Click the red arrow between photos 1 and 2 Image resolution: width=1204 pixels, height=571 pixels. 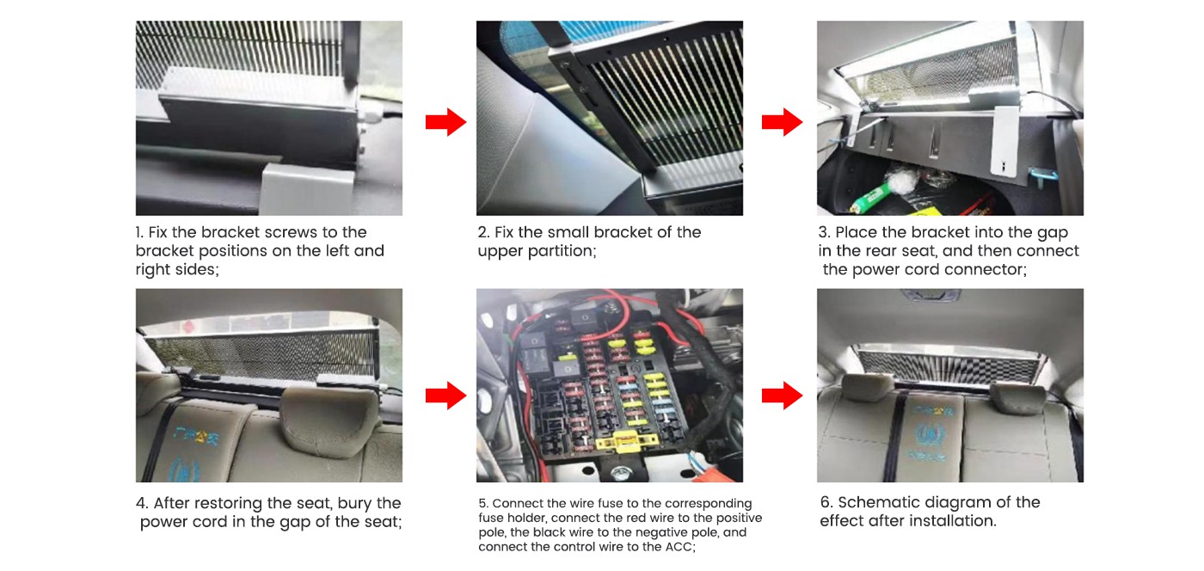445,122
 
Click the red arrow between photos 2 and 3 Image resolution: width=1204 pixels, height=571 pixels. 782,122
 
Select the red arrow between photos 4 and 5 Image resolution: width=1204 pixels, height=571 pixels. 445,396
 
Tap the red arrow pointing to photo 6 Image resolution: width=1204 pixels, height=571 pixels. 782,396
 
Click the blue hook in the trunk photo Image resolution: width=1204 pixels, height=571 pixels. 1041,176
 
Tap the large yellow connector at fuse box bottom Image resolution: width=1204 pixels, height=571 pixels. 627,441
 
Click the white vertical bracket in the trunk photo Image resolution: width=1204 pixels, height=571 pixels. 1005,140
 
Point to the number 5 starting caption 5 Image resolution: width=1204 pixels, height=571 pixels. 482,504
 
